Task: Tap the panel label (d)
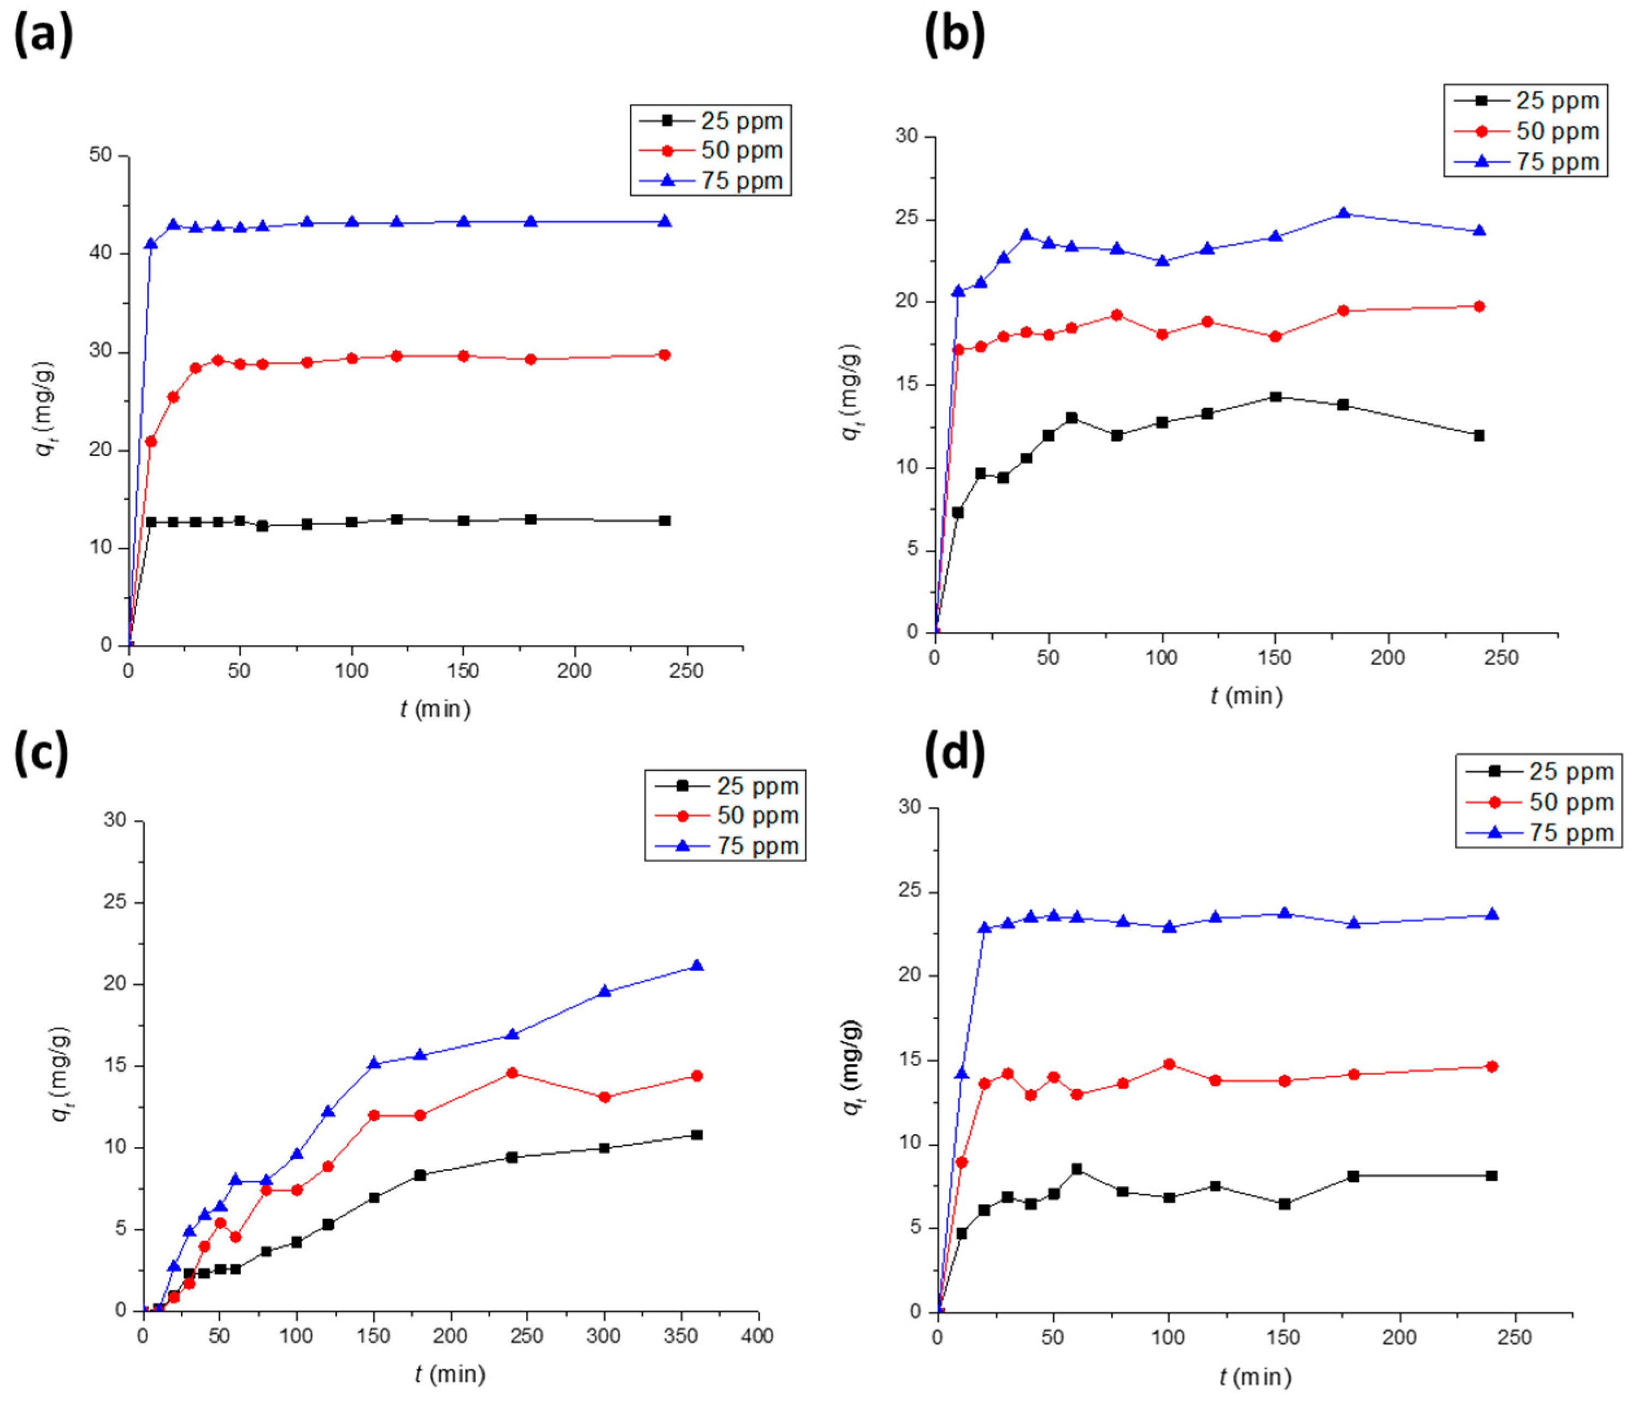click(x=954, y=755)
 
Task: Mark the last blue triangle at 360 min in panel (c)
click(x=697, y=966)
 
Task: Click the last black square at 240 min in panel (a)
click(x=664, y=521)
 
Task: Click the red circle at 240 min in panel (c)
click(x=512, y=1073)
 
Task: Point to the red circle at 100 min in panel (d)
click(x=1169, y=1065)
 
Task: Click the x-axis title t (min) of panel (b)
click(x=1246, y=696)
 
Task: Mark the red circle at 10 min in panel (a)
click(x=151, y=442)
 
